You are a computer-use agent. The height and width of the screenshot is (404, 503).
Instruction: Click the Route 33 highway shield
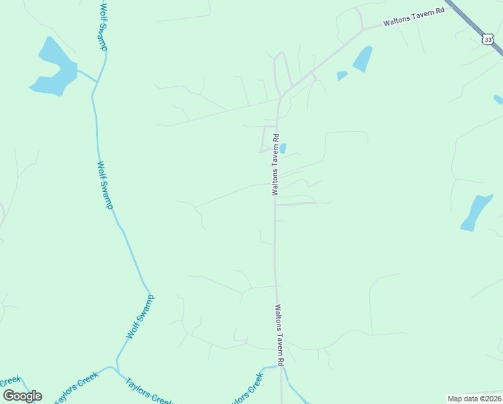[488, 40]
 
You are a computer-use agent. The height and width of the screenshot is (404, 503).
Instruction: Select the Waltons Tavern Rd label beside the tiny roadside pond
[275, 164]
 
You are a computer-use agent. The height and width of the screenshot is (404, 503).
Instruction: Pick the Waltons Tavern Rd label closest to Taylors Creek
[280, 335]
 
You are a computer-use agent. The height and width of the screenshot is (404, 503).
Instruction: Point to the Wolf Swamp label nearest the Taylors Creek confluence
[141, 316]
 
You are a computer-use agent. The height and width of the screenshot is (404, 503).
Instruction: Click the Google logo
[22, 395]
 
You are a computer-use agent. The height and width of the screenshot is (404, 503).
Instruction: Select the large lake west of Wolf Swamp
[52, 69]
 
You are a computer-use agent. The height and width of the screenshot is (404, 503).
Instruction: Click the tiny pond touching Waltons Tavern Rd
[282, 148]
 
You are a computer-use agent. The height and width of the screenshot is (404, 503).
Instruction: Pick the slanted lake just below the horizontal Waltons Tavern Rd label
[362, 59]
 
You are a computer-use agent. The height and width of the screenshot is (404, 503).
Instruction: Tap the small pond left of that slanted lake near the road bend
[342, 75]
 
